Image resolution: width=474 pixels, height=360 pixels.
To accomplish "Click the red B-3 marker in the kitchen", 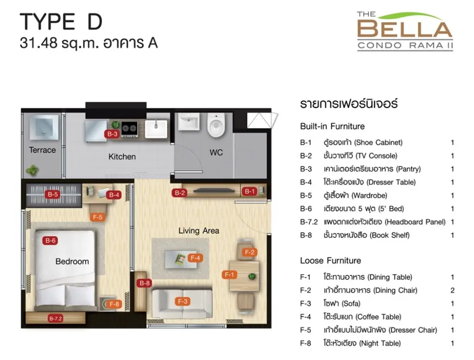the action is point(112,133).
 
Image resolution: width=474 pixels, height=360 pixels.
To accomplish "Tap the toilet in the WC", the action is point(217,124).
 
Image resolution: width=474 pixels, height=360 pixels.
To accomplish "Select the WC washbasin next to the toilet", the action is point(189,121).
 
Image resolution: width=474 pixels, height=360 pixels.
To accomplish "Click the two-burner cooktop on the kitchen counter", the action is point(130,129).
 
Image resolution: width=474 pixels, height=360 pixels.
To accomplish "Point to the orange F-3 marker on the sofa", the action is point(182,301).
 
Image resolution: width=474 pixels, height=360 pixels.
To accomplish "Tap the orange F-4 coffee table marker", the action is point(195,258).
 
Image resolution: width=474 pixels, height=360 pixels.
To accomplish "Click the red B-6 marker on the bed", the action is point(50,240).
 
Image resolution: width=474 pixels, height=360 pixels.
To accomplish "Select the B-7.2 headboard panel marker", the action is point(56,318).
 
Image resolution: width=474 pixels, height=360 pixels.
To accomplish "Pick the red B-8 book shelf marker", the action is point(144,283).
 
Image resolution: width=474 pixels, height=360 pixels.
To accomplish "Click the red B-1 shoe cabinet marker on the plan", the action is point(249,191).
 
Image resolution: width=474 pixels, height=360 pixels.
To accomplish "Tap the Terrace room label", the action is point(42,150).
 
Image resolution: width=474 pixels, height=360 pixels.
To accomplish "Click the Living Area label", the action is point(199,230).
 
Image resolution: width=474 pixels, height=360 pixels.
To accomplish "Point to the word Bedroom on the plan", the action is point(72,262).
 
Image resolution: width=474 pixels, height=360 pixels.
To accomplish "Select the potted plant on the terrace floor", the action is point(32,170).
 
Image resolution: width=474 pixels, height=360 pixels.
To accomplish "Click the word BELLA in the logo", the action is point(405,29).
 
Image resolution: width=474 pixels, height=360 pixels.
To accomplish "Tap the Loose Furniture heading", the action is point(330,261).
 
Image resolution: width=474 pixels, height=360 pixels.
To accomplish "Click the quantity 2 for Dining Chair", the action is point(452,290).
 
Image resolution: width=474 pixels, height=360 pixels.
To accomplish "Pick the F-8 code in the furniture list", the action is point(305,343).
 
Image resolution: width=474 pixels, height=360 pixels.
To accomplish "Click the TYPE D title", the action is point(61,22).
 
